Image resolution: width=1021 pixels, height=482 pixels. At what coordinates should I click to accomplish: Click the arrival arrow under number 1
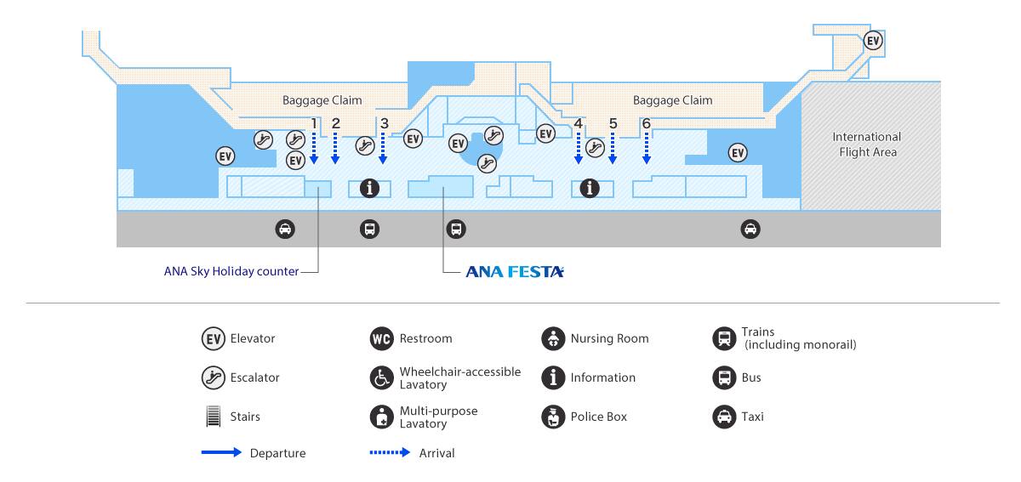[314, 148]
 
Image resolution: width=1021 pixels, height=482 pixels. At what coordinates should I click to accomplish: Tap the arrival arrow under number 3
[383, 148]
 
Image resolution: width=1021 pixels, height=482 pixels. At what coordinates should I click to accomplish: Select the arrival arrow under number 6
[647, 148]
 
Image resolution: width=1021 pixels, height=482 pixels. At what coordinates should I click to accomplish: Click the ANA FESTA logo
[515, 271]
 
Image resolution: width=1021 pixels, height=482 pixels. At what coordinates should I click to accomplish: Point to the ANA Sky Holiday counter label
[231, 271]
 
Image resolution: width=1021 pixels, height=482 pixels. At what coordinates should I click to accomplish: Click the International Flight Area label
[867, 144]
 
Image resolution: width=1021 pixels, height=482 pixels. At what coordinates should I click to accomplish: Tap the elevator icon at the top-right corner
[873, 41]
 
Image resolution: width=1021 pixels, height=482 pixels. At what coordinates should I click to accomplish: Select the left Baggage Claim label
[322, 100]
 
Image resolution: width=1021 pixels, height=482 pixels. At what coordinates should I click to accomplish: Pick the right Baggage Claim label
[673, 100]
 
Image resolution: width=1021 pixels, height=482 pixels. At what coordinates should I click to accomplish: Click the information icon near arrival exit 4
[590, 188]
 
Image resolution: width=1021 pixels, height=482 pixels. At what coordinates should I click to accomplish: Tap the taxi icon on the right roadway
[750, 230]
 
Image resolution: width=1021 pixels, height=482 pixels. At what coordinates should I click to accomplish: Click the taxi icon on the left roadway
[285, 230]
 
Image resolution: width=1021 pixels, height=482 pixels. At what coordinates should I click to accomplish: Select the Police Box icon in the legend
[553, 417]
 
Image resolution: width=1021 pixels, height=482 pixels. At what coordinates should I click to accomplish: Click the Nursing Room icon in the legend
[553, 338]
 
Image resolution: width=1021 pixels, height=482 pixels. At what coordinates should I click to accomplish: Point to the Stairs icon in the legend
[214, 416]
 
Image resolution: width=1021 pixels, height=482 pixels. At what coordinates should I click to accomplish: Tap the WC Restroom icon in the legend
[381, 338]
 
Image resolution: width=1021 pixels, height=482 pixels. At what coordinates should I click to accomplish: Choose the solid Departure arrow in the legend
[221, 452]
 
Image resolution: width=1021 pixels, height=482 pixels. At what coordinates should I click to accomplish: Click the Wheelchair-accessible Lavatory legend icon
[381, 377]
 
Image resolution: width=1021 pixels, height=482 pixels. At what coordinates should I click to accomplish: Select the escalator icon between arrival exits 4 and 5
[595, 148]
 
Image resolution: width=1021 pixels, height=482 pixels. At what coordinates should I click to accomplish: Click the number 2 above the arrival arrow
[336, 123]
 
